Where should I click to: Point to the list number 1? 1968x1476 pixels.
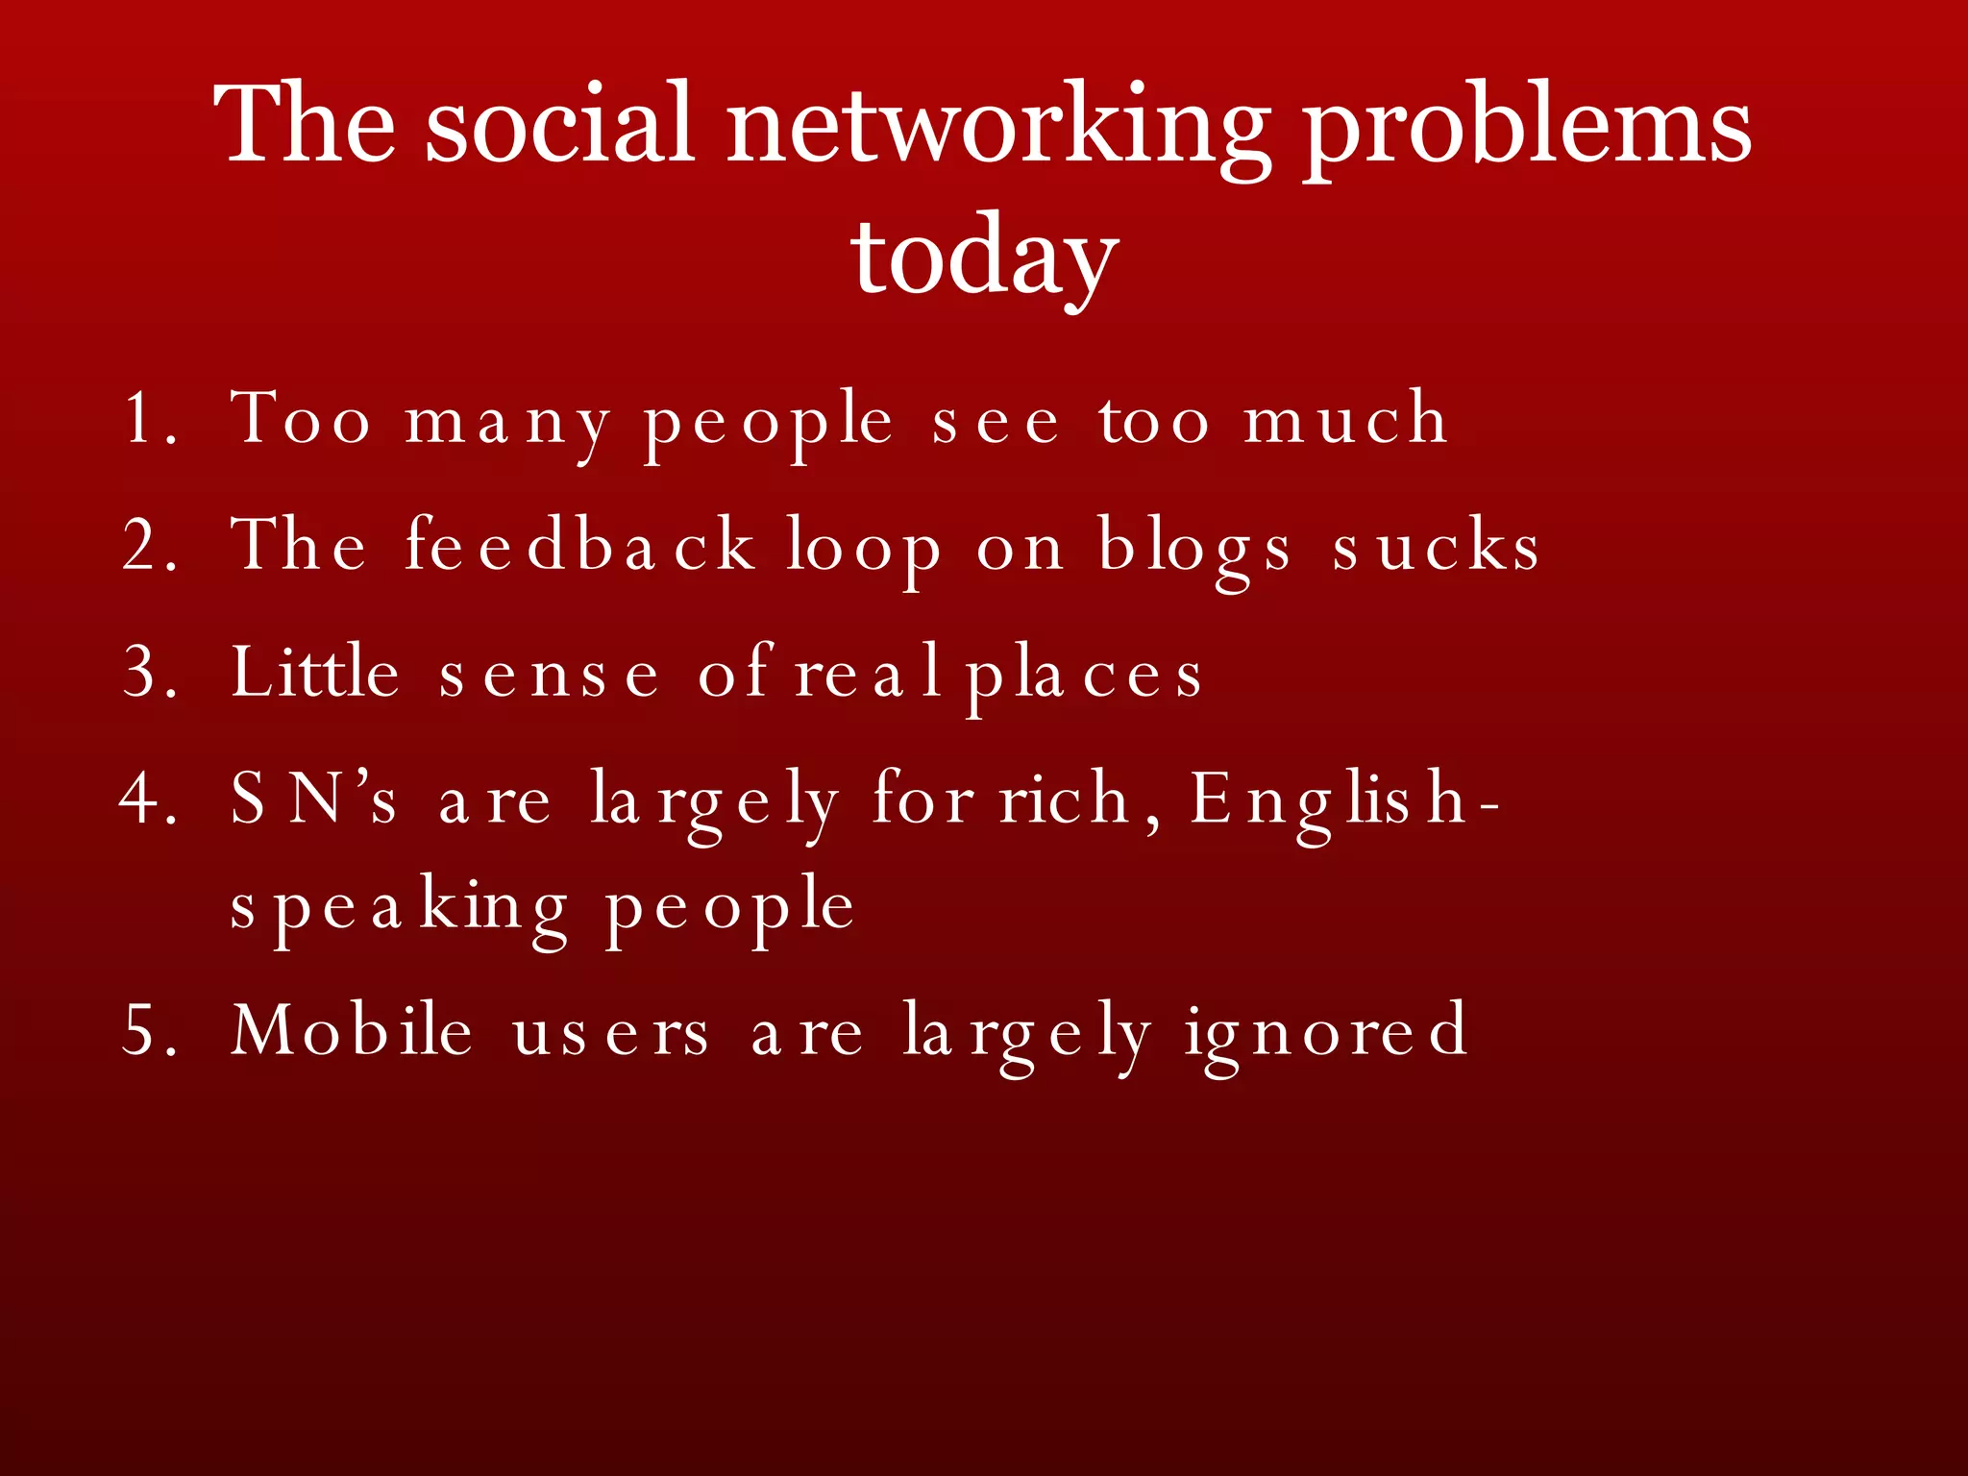(x=149, y=419)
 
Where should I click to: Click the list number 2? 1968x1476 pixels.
(x=149, y=545)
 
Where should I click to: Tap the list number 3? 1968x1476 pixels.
(x=149, y=672)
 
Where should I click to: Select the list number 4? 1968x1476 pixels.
(x=149, y=799)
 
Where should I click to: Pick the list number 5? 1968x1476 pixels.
(x=149, y=1030)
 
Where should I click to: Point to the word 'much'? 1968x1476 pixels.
(x=1345, y=419)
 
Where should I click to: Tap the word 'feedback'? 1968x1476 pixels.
(x=579, y=545)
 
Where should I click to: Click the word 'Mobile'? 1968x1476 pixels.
(x=352, y=1029)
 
